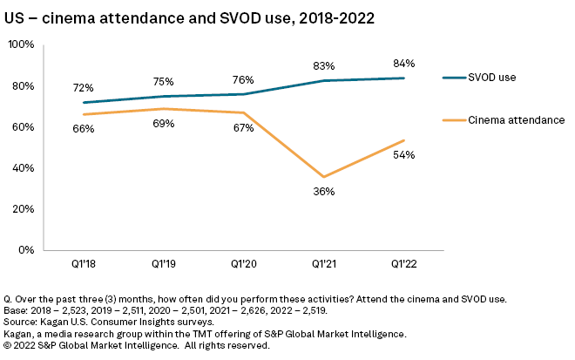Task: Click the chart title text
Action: tap(190, 17)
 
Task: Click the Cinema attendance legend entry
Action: tap(516, 119)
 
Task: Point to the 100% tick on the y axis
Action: tap(21, 44)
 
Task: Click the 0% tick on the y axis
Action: tap(27, 250)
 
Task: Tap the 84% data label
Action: tap(404, 64)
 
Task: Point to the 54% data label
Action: tap(404, 155)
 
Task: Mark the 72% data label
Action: tap(83, 88)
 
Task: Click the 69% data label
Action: tap(164, 124)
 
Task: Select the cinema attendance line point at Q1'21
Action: tap(323, 177)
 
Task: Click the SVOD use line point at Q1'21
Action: tap(323, 80)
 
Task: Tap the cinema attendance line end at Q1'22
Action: tap(404, 139)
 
